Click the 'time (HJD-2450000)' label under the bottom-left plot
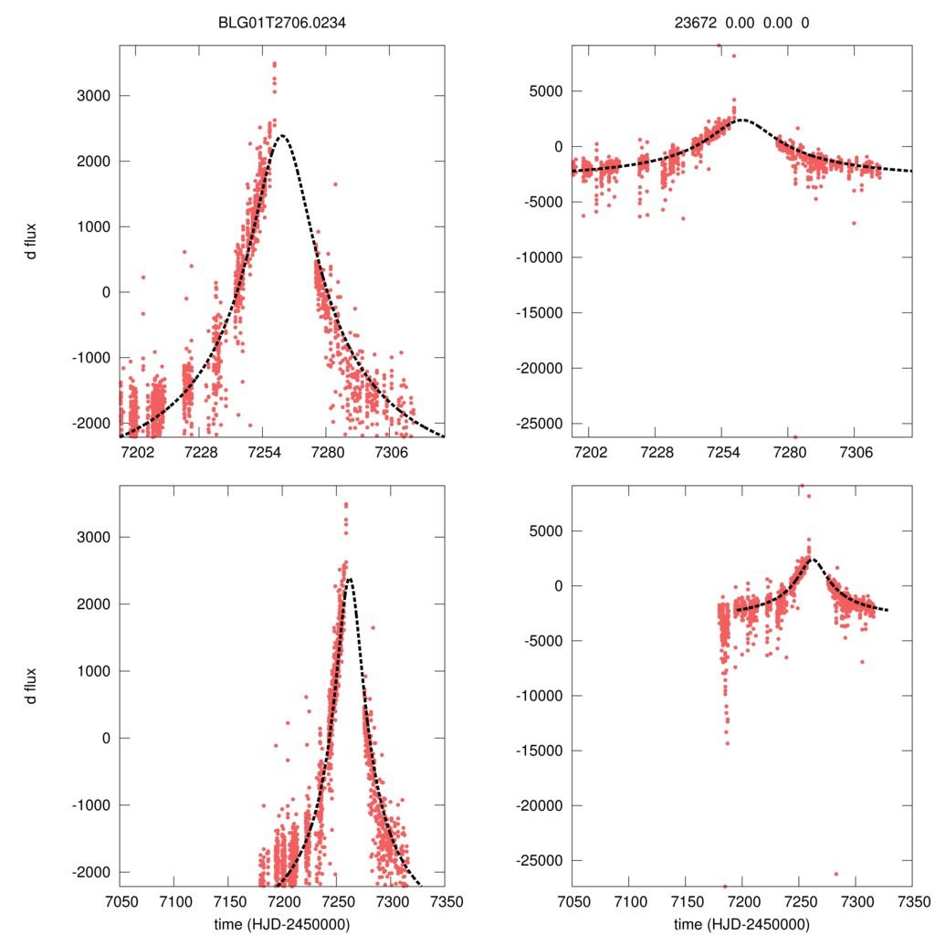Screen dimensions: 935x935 [x=281, y=923]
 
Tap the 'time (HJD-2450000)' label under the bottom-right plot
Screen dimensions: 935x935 [x=741, y=923]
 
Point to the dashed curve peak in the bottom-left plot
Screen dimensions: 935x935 [x=348, y=579]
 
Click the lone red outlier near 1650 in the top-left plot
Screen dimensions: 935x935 [x=335, y=184]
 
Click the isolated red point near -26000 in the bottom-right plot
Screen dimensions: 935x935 [x=835, y=874]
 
